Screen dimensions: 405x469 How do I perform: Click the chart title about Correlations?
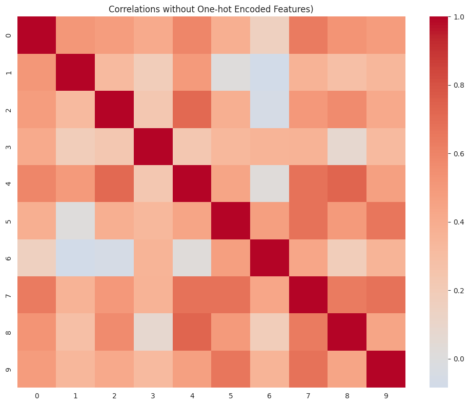coord(211,9)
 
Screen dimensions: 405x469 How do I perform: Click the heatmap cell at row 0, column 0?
coord(36,35)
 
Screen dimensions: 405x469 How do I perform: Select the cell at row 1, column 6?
coord(269,72)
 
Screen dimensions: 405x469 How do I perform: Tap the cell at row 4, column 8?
coord(346,184)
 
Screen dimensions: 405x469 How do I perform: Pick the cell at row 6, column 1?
coord(75,258)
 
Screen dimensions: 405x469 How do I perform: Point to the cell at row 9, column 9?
coord(385,369)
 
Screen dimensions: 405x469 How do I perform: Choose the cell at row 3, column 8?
coord(346,147)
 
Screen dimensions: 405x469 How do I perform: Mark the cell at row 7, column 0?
coord(36,295)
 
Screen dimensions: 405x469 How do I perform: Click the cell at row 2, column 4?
coord(191,109)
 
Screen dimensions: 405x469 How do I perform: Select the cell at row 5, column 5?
coord(230,220)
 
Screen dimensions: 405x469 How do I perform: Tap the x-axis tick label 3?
coord(153,396)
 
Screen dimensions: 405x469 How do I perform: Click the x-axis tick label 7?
coord(308,396)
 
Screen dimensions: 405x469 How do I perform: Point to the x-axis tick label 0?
coord(36,396)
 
